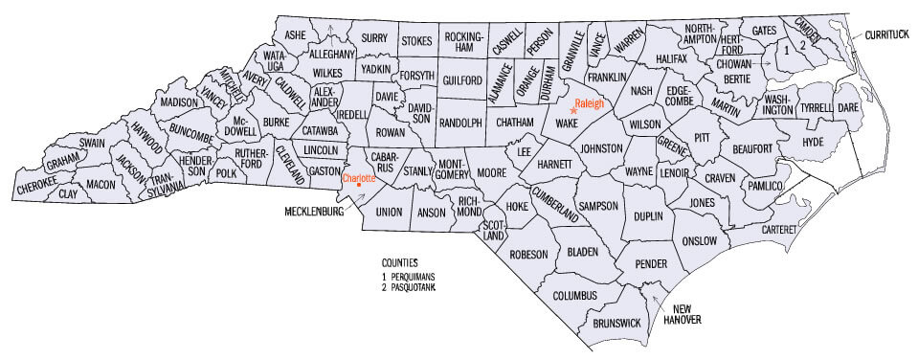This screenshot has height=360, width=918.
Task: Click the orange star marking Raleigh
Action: click(573, 111)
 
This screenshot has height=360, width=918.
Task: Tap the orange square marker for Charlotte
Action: click(358, 185)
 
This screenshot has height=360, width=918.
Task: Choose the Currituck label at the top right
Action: click(889, 34)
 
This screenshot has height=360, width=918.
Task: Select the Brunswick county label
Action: click(616, 324)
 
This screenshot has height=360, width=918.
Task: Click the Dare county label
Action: click(848, 108)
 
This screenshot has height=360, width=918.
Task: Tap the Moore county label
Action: click(490, 174)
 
